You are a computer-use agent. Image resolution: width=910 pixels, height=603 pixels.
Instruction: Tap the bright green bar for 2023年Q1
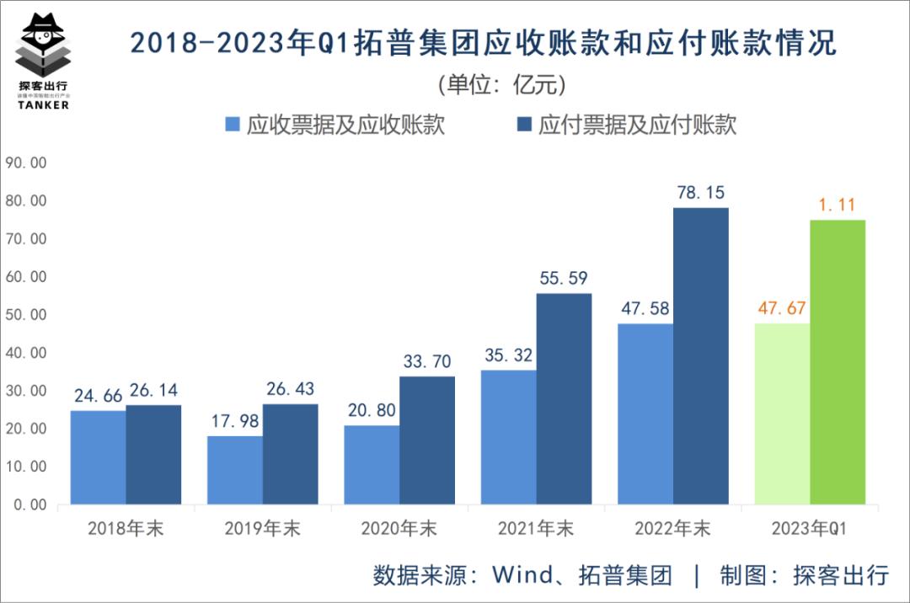838,362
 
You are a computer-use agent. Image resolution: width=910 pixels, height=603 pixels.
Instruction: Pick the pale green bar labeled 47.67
782,414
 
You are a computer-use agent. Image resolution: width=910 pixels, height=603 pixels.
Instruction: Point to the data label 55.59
564,278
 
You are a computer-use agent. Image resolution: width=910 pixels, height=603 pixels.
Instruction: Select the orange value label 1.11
838,205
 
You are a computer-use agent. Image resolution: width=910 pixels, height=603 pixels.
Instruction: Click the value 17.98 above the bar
235,421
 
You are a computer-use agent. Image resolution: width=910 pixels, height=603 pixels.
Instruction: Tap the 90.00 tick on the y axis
26,163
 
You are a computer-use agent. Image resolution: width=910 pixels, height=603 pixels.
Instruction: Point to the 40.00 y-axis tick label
26,352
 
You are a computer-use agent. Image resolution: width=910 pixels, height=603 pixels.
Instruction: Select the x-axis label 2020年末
399,529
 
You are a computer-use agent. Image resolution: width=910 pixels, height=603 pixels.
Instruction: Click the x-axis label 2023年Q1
808,529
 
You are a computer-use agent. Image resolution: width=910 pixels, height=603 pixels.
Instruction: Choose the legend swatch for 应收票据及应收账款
233,125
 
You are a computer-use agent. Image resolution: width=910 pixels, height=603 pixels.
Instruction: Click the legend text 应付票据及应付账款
637,125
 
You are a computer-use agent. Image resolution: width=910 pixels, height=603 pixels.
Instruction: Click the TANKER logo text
43,106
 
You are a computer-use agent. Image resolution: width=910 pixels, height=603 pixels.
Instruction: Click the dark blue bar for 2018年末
153,455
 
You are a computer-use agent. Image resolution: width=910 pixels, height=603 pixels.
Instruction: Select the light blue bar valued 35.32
508,437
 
